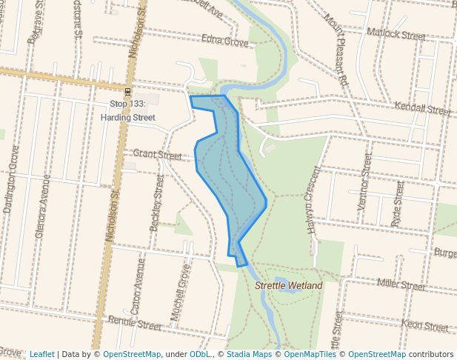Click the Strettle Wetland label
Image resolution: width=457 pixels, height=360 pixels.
289,285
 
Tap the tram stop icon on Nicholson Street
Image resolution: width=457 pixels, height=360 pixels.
128,92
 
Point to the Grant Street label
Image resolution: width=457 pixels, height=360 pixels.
157,156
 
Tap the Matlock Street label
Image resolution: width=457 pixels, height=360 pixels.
396,35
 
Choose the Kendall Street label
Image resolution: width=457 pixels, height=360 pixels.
422,109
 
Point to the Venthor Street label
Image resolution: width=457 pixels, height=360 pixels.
364,181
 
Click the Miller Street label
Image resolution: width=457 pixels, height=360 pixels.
401,284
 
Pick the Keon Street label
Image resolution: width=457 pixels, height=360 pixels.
424,325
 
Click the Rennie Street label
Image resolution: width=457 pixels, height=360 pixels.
134,324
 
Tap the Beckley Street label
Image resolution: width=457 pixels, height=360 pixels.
156,203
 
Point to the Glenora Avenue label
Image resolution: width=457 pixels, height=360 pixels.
41,209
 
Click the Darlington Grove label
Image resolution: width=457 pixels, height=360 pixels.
11,179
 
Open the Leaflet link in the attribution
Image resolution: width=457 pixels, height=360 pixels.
41,354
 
